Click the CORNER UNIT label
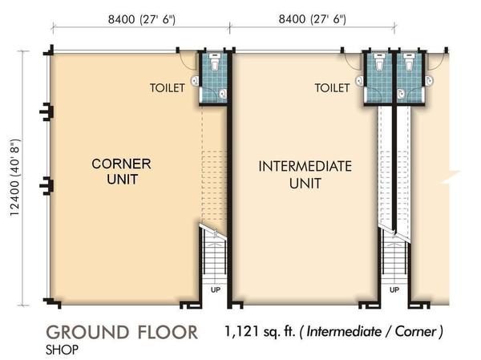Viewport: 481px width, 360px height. tap(121, 172)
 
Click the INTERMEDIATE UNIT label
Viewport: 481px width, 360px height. tap(305, 175)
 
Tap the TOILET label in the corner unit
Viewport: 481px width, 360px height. tap(168, 88)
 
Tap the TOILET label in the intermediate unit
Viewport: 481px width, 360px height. tap(332, 88)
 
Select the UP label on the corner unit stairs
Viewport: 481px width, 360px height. tap(216, 289)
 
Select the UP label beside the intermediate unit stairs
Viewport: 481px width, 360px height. tap(394, 289)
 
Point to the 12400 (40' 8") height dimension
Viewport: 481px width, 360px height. tap(14, 178)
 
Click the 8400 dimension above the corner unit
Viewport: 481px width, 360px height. tap(142, 19)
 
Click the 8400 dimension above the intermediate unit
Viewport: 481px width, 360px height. tap(313, 19)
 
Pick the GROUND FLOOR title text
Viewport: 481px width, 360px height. tap(122, 333)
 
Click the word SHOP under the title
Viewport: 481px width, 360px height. tap(62, 350)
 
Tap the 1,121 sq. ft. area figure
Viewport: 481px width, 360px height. tap(260, 331)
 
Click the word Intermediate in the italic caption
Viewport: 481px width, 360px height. tap(344, 331)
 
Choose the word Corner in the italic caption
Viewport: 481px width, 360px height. tap(415, 331)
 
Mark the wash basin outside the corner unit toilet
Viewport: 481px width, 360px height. tap(195, 81)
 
